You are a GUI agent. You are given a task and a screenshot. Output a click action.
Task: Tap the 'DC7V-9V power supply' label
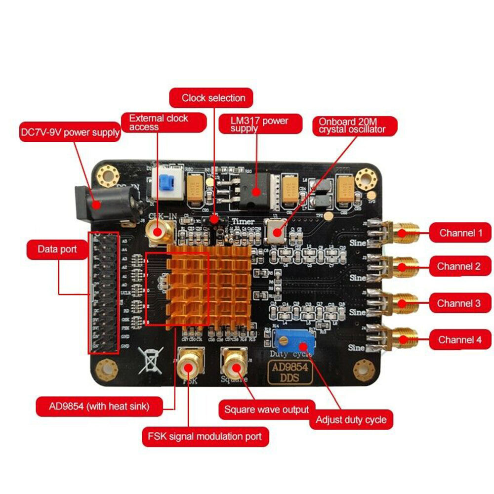[x=70, y=132]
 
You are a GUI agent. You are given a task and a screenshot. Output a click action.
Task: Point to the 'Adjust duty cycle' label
[x=351, y=420]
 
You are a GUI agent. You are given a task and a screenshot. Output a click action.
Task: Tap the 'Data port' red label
[x=58, y=249]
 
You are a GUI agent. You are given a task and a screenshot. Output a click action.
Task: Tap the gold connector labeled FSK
[x=190, y=365]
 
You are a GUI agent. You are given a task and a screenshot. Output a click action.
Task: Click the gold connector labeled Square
[x=234, y=365]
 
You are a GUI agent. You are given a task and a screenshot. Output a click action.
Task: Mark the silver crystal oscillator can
[x=276, y=230]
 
